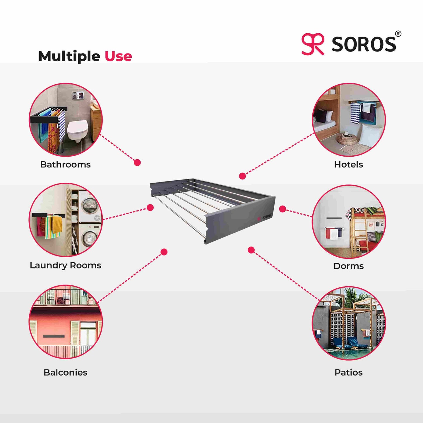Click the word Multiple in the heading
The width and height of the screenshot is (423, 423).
coord(69,56)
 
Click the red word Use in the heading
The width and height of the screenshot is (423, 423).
coord(118,56)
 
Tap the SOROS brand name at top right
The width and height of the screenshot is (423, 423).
coord(364,44)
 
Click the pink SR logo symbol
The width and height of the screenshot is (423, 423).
coord(313,44)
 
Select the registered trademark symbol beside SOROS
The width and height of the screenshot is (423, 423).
coord(398,34)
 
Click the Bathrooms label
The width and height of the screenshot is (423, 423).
coord(65,165)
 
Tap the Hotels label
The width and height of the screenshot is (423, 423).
coord(348,165)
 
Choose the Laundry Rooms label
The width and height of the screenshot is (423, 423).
coord(65,265)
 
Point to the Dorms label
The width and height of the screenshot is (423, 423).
coord(348,266)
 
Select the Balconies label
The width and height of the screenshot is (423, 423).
coord(65,372)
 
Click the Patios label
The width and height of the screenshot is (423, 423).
coord(348,372)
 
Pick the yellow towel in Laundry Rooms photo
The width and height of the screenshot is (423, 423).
coord(57,225)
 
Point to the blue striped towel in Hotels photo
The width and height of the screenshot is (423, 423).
coord(355,113)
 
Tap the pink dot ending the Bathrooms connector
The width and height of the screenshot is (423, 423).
coord(137,162)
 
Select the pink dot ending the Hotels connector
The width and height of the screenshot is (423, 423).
coord(242,176)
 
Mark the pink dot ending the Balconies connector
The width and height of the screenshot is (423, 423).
coord(164,252)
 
